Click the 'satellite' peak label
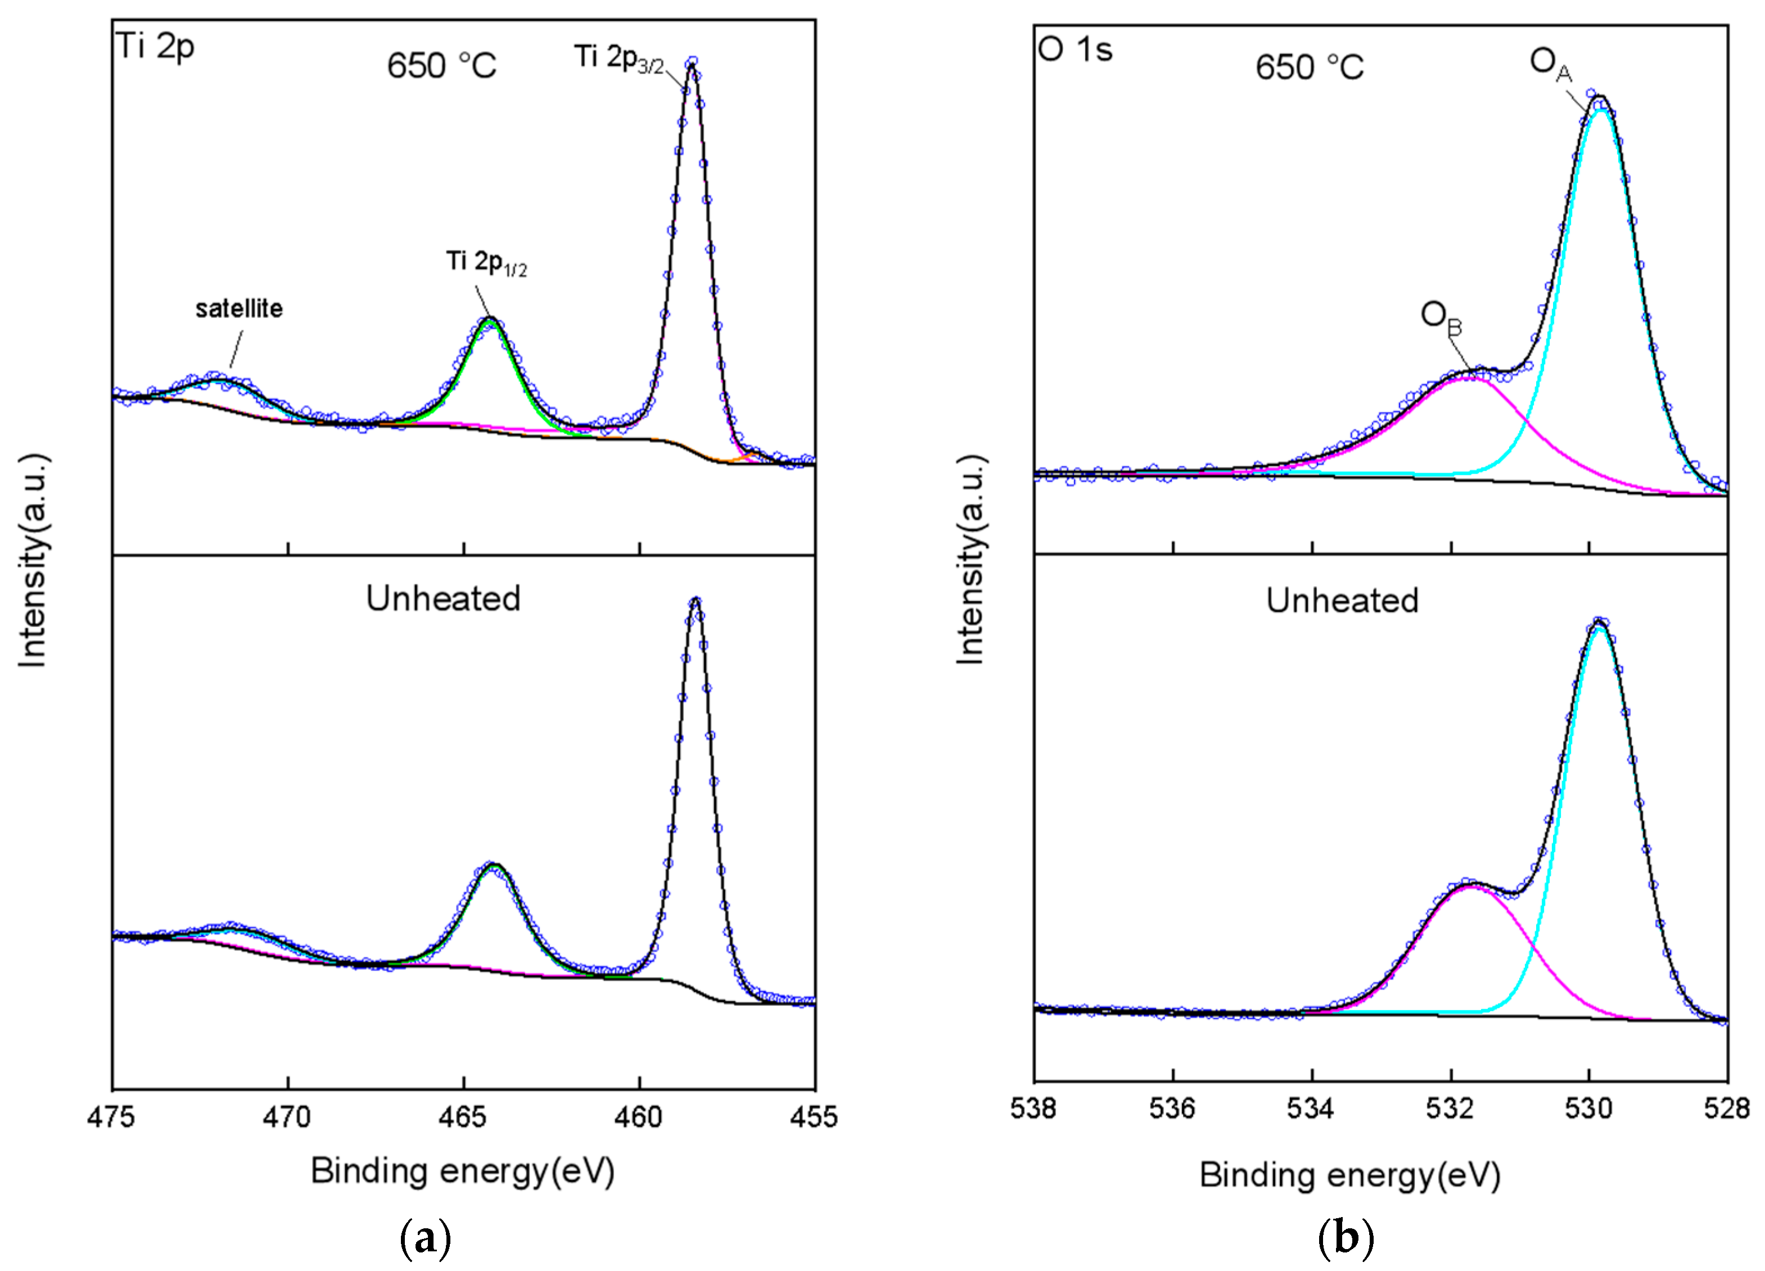(239, 309)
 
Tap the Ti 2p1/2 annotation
(486, 263)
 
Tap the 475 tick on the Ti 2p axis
(112, 1117)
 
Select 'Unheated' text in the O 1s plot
(1342, 601)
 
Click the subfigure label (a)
(425, 1237)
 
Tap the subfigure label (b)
(1346, 1237)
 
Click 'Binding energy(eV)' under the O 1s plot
(1349, 1174)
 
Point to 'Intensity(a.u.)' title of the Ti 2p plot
(33, 560)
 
